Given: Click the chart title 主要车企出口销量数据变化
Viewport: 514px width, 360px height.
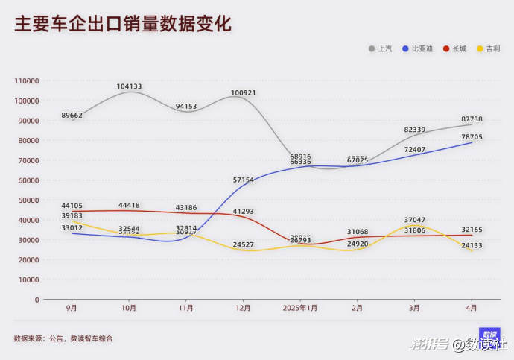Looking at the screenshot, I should [123, 23].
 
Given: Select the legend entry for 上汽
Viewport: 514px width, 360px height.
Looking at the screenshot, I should [381, 49].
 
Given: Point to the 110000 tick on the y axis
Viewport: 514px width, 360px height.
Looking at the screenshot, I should [27, 80].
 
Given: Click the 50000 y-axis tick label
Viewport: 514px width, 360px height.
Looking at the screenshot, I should [28, 200].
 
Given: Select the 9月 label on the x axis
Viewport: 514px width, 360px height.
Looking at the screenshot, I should [72, 307].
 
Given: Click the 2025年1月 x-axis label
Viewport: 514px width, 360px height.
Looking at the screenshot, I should [300, 307].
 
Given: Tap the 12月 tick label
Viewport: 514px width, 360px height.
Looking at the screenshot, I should [243, 307].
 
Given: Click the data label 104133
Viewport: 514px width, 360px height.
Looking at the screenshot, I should [129, 86].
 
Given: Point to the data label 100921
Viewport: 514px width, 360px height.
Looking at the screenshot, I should [243, 93].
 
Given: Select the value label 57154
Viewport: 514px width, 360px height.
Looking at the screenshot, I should [244, 180].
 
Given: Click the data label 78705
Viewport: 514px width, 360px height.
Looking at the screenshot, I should [472, 137].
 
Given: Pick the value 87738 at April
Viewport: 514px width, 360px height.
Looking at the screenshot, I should [472, 119].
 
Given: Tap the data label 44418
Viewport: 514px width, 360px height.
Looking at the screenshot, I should [129, 206].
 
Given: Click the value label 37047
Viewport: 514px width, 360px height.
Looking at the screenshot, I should [415, 220].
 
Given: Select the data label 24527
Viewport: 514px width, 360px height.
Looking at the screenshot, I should [244, 244].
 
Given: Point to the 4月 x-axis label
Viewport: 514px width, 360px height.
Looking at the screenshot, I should [472, 307].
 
